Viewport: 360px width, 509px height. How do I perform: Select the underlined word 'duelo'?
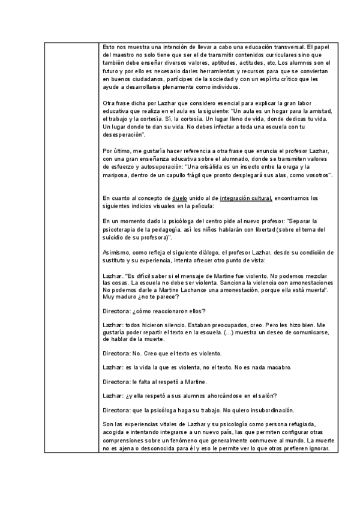tap(179, 197)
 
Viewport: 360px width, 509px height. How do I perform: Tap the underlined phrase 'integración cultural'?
tap(246, 197)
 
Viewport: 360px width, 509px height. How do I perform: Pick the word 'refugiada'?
tap(307, 424)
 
